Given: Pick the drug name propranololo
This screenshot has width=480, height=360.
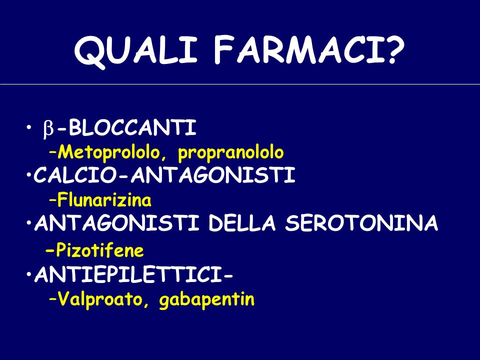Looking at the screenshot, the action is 231,153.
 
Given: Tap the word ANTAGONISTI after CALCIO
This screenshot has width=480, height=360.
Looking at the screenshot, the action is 213,175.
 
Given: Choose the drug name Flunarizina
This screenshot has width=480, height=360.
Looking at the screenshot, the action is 104,200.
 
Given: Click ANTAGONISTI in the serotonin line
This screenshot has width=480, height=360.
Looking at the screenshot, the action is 116,223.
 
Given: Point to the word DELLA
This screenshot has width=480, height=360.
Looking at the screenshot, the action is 242,223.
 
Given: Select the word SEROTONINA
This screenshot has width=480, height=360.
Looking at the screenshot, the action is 361,223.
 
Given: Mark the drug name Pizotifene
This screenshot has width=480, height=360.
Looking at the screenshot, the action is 99,250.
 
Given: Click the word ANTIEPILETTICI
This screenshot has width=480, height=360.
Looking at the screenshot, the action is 129,274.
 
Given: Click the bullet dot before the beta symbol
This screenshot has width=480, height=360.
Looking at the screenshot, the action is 28,126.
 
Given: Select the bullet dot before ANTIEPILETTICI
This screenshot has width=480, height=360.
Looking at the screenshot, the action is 28,273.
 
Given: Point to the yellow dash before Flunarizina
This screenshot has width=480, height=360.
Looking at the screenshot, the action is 52,201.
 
